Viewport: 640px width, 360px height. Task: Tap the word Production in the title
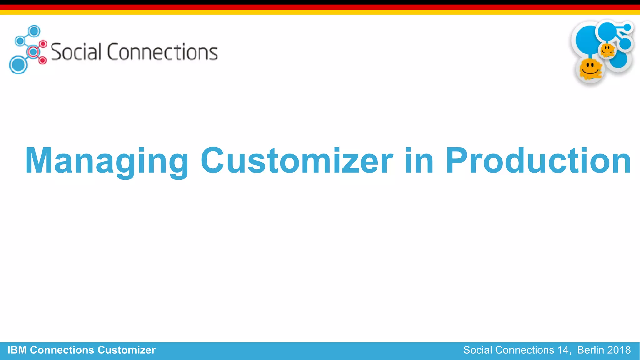(538, 160)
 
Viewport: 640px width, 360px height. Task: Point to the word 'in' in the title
(419, 160)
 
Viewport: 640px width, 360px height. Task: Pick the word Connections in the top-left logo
(162, 52)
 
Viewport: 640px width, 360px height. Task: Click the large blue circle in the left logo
(18, 65)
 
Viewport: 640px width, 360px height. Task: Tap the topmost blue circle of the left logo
(34, 31)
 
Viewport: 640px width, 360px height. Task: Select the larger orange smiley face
(590, 68)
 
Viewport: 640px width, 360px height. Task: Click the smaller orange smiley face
(607, 50)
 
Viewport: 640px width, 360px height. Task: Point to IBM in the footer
(17, 350)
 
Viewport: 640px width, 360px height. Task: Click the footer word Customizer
(127, 350)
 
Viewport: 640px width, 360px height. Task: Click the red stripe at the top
(320, 7)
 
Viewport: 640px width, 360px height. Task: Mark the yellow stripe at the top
(320, 12)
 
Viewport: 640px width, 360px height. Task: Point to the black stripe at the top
(320, 2)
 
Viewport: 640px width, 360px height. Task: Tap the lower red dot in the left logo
(43, 60)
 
